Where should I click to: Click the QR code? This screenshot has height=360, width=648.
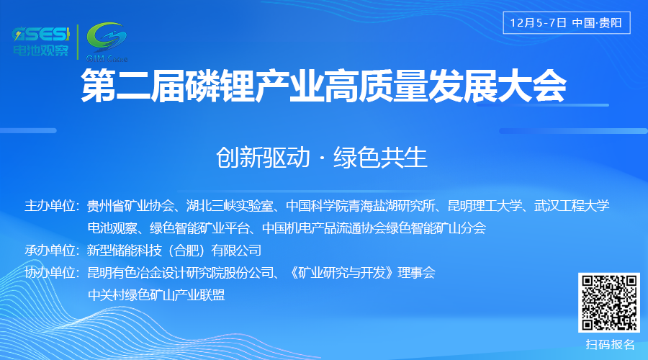pos(610,303)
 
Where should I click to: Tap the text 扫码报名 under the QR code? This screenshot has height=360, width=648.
pos(611,344)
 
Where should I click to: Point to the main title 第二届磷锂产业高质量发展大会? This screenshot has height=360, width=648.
pos(323,87)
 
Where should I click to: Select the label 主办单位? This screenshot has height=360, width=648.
pos(52,207)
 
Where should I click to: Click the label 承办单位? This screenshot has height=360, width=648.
pos(52,251)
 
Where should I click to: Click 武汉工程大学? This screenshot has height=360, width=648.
pos(572,207)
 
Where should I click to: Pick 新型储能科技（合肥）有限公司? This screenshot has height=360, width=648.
pos(174,251)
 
